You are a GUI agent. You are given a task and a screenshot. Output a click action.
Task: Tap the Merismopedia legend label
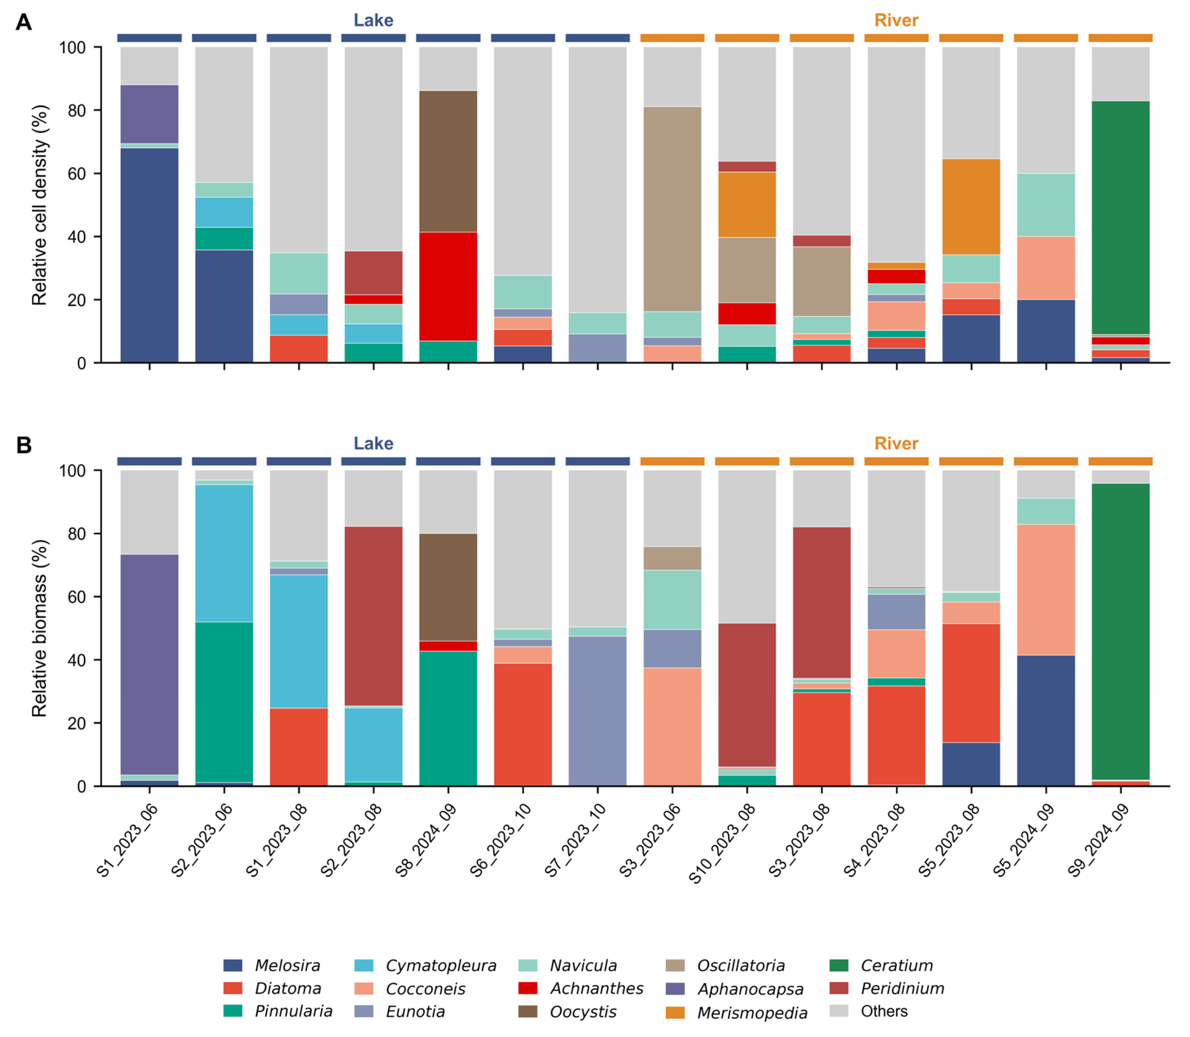pos(752,1013)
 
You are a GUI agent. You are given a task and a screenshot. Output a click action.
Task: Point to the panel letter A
pos(24,22)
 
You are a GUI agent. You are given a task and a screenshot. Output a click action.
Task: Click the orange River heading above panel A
pos(896,20)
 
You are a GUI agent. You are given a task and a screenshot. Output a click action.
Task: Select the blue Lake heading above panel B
pos(373,443)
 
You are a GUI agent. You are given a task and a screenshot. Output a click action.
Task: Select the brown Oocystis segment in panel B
pos(448,587)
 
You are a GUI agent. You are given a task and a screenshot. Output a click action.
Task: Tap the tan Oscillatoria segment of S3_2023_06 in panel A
pos(672,209)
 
